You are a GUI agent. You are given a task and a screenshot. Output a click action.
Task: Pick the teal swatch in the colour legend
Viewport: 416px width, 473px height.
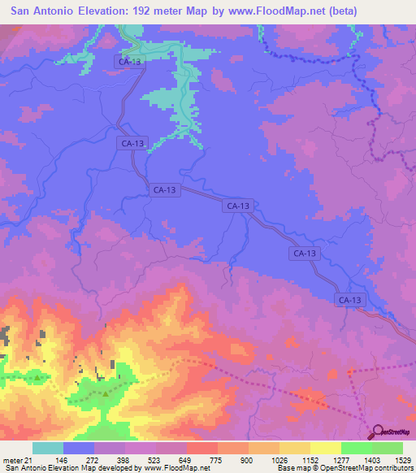click(48, 449)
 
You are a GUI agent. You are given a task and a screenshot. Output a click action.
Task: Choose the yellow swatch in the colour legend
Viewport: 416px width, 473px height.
click(325, 449)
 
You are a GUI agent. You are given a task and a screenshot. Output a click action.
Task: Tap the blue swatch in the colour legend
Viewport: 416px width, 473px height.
click(79, 449)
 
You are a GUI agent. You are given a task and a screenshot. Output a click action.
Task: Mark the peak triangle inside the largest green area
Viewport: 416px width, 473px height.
click(105, 394)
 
